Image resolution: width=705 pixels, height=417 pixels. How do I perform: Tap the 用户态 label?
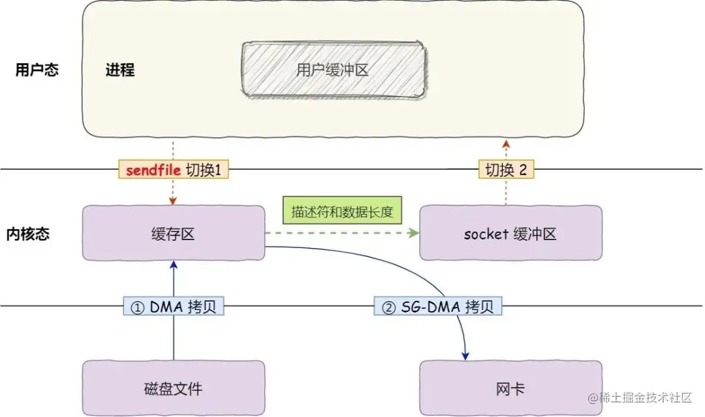click(37, 70)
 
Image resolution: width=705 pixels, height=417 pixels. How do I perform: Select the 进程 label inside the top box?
click(119, 70)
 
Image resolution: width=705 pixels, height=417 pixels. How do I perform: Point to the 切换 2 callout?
click(506, 170)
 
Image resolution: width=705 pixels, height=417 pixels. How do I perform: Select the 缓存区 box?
click(174, 234)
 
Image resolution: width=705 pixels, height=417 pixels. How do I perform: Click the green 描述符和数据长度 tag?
click(342, 213)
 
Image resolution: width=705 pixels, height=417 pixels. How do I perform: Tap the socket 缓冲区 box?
click(510, 234)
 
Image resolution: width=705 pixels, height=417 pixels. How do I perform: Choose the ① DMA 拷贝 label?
click(174, 306)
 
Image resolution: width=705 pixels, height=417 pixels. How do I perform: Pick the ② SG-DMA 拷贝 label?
click(437, 306)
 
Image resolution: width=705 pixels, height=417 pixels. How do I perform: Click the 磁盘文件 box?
click(174, 389)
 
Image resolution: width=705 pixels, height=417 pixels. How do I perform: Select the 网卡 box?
click(510, 389)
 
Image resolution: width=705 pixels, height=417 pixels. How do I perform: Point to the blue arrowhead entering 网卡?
click(465, 356)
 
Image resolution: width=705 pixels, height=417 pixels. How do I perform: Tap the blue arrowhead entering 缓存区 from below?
click(174, 264)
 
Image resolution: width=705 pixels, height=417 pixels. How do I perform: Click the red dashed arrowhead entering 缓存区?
click(174, 202)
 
